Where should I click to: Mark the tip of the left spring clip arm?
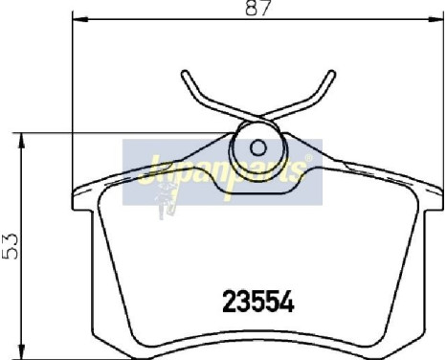click(x=183, y=73)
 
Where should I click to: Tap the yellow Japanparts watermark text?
click(x=220, y=172)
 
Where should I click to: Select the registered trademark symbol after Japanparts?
click(x=307, y=159)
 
